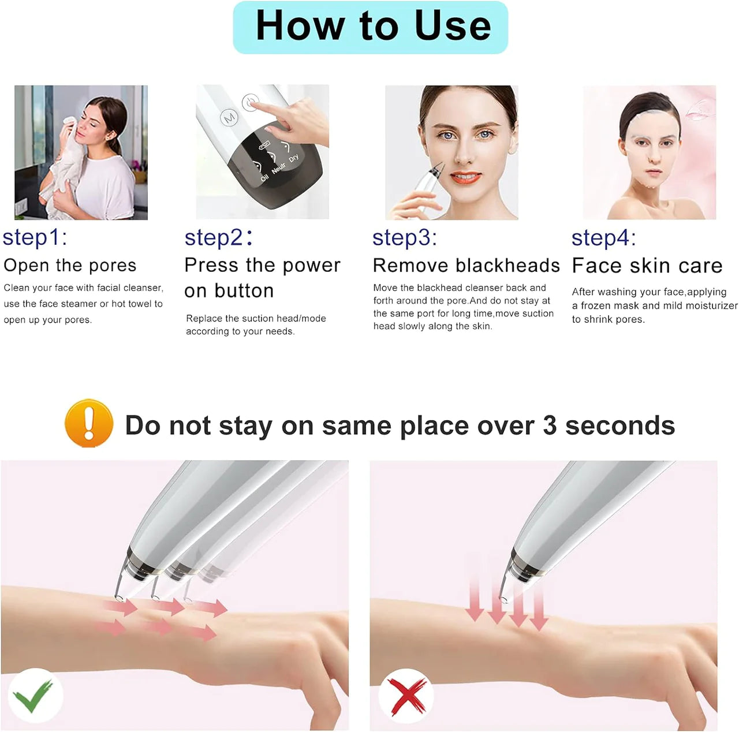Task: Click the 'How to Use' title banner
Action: (x=371, y=27)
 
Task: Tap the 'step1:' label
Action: (x=35, y=238)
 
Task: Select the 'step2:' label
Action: (x=218, y=238)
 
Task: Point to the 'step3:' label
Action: (x=405, y=238)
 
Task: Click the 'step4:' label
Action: (x=603, y=238)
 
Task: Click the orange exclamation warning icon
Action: (x=89, y=424)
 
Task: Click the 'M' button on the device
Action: (x=229, y=117)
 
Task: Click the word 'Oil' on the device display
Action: (x=264, y=178)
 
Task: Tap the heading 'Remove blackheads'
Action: (x=466, y=266)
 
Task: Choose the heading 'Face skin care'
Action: (x=647, y=266)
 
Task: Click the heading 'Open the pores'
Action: (x=70, y=266)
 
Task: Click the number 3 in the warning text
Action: (x=550, y=425)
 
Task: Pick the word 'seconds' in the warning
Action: (x=620, y=425)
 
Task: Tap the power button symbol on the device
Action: (x=250, y=102)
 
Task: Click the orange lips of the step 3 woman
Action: (x=465, y=178)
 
